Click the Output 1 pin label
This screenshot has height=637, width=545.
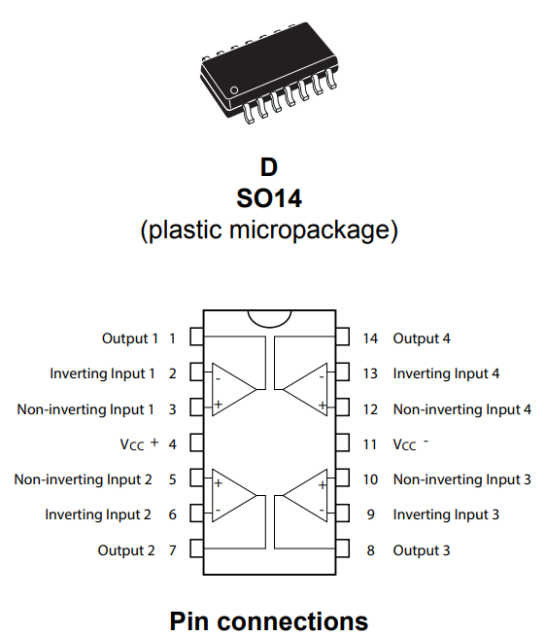point(130,338)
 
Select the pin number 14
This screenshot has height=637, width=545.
point(370,338)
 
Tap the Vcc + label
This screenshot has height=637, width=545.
point(139,443)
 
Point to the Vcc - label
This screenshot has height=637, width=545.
point(410,444)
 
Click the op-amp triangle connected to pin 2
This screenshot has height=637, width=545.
point(234,390)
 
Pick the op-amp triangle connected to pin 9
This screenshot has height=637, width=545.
point(305,496)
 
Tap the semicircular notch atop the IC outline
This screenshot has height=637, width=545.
point(269,325)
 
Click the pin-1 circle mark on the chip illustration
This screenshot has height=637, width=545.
point(234,90)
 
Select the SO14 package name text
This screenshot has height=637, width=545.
point(269,198)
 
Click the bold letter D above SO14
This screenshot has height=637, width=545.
point(269,167)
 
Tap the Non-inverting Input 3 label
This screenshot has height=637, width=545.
point(462,479)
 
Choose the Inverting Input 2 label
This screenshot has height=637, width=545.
point(98,514)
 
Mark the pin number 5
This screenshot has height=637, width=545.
point(173,479)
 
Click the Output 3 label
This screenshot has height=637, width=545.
point(422,550)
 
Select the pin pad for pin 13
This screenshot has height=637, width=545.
point(343,372)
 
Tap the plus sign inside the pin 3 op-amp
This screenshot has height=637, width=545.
point(219,405)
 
